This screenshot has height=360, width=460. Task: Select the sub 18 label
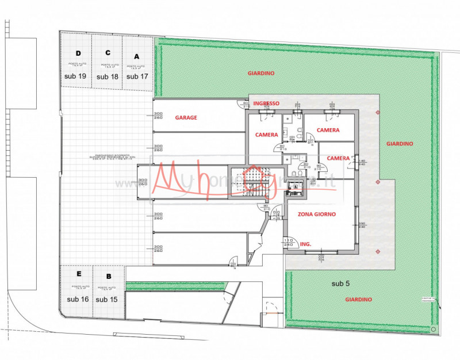[107, 76]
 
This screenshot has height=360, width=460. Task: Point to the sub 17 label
[137, 76]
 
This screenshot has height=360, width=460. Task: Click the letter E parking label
[78, 274]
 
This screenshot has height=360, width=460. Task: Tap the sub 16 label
[77, 299]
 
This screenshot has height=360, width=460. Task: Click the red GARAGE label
[186, 117]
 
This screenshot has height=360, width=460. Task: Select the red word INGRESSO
[266, 104]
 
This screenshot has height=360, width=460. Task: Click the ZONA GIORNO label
[316, 214]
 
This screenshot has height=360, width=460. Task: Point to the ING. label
[306, 244]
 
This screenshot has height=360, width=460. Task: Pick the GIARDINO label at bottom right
[358, 300]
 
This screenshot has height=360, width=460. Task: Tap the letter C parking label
[108, 52]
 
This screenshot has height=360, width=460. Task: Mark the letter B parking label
[109, 275]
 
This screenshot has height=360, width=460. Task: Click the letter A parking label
[136, 57]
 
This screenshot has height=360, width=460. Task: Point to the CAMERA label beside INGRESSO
[266, 135]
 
